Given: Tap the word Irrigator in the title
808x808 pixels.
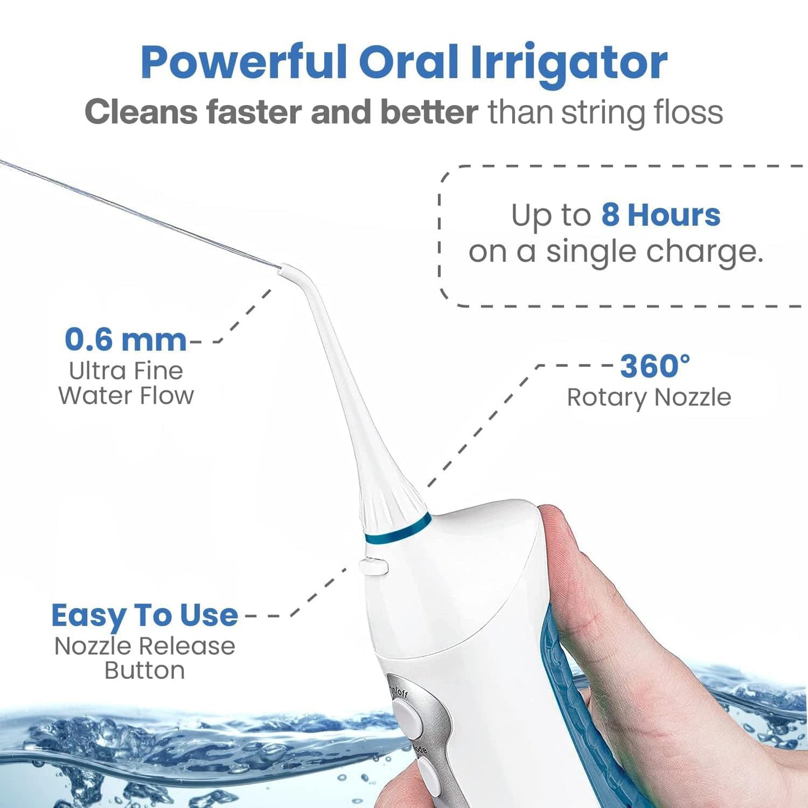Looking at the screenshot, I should click(569, 63).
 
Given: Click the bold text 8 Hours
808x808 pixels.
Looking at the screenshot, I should click(660, 215).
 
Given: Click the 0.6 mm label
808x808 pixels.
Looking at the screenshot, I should click(125, 339).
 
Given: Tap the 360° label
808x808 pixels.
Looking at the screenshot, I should click(655, 366).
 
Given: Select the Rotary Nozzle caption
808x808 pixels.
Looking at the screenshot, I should click(649, 398).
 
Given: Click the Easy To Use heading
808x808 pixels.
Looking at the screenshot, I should click(144, 616).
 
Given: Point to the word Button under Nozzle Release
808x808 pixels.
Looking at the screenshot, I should click(144, 670).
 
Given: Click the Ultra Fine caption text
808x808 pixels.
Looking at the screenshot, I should click(126, 371).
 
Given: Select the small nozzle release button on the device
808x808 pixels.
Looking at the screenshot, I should click(374, 566).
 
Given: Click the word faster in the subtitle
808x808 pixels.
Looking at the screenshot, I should click(255, 112).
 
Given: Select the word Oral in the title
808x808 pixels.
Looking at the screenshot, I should click(409, 63).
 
